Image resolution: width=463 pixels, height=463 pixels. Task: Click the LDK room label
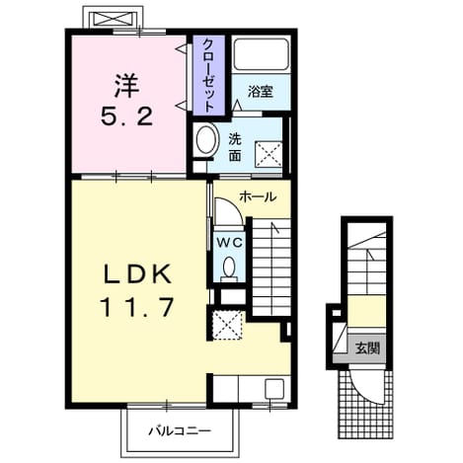click(138, 274)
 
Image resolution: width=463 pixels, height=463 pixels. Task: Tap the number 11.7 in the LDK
click(138, 307)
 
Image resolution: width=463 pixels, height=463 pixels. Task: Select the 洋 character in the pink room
click(126, 86)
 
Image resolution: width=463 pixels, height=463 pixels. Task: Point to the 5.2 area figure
click(127, 116)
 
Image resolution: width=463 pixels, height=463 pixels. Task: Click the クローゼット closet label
click(208, 75)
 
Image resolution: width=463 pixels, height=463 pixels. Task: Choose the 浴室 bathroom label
click(261, 92)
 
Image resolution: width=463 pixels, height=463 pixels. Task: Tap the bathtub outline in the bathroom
click(261, 54)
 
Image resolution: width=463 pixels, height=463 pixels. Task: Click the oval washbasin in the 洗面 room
click(207, 140)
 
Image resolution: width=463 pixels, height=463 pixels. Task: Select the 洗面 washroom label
click(235, 148)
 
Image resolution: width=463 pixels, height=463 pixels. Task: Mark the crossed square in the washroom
click(269, 155)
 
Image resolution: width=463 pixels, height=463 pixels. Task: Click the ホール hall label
click(258, 197)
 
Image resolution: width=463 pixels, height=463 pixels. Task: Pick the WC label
click(229, 243)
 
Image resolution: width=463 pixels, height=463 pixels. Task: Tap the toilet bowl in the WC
click(229, 268)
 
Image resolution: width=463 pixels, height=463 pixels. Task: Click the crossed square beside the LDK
click(227, 325)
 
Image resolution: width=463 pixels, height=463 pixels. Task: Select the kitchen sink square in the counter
click(274, 388)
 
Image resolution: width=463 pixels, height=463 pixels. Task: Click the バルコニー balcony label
click(180, 431)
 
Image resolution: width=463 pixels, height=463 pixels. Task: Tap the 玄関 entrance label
click(367, 348)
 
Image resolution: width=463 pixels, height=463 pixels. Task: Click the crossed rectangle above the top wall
click(113, 18)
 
